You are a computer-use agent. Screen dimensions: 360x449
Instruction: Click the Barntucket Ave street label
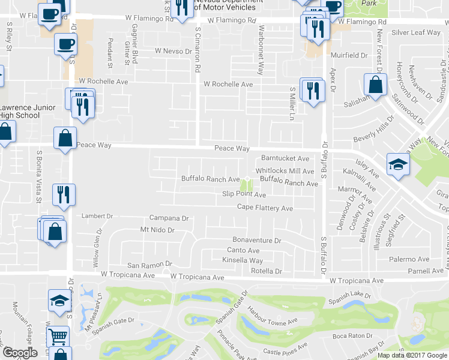click(x=285, y=158)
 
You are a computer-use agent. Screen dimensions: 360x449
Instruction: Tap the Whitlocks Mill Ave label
click(x=285, y=171)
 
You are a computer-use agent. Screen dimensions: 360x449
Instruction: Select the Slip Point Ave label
click(x=244, y=194)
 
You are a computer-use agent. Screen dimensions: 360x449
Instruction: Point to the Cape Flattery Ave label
click(x=265, y=208)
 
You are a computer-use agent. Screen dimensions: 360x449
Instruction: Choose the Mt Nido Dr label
click(x=157, y=230)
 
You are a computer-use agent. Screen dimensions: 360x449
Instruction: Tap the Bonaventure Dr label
click(x=256, y=241)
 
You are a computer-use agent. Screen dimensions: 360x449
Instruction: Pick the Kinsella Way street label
click(x=243, y=260)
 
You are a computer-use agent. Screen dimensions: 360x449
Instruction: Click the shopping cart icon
click(x=58, y=336)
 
